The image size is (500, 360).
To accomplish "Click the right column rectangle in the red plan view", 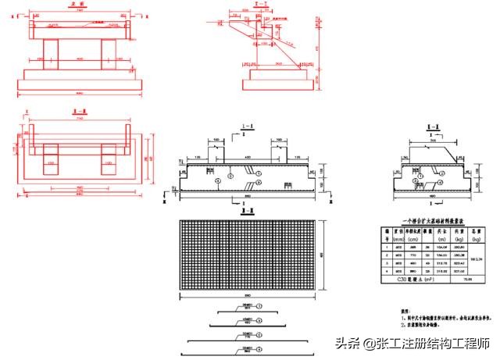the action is (x=106, y=166).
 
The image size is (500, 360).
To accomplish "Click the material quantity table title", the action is (x=427, y=223).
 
